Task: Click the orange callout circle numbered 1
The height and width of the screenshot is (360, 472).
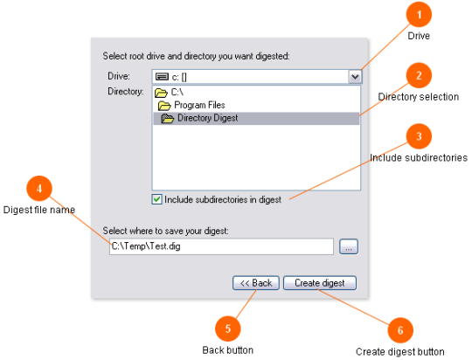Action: [x=419, y=15]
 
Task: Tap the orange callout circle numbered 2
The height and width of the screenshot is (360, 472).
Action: [x=419, y=75]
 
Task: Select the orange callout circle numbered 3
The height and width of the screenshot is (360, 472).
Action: [x=419, y=136]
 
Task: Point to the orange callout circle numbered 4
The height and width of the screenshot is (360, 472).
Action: [x=39, y=189]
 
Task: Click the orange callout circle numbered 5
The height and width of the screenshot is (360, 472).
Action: [x=228, y=329]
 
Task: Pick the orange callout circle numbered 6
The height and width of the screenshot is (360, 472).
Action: [x=400, y=330]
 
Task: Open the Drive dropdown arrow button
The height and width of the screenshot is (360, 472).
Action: [x=355, y=77]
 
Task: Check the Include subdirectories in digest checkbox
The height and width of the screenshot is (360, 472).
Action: [x=156, y=199]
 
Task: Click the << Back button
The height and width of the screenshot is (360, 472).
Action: [x=256, y=283]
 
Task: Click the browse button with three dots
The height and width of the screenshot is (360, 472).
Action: [x=349, y=246]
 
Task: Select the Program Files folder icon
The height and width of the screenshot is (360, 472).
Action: [x=164, y=106]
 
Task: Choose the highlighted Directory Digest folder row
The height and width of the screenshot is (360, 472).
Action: [x=256, y=118]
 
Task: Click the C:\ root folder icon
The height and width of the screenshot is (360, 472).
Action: [x=161, y=93]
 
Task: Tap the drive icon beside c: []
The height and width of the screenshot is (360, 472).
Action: [x=162, y=77]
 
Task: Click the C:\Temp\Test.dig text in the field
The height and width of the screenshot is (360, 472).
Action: [x=146, y=246]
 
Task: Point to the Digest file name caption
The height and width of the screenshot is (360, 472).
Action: [x=39, y=210]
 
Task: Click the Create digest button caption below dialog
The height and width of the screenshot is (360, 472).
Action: [x=400, y=351]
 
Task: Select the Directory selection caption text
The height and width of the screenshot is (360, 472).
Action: [x=419, y=97]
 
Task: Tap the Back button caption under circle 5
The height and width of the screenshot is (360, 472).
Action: [x=228, y=350]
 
